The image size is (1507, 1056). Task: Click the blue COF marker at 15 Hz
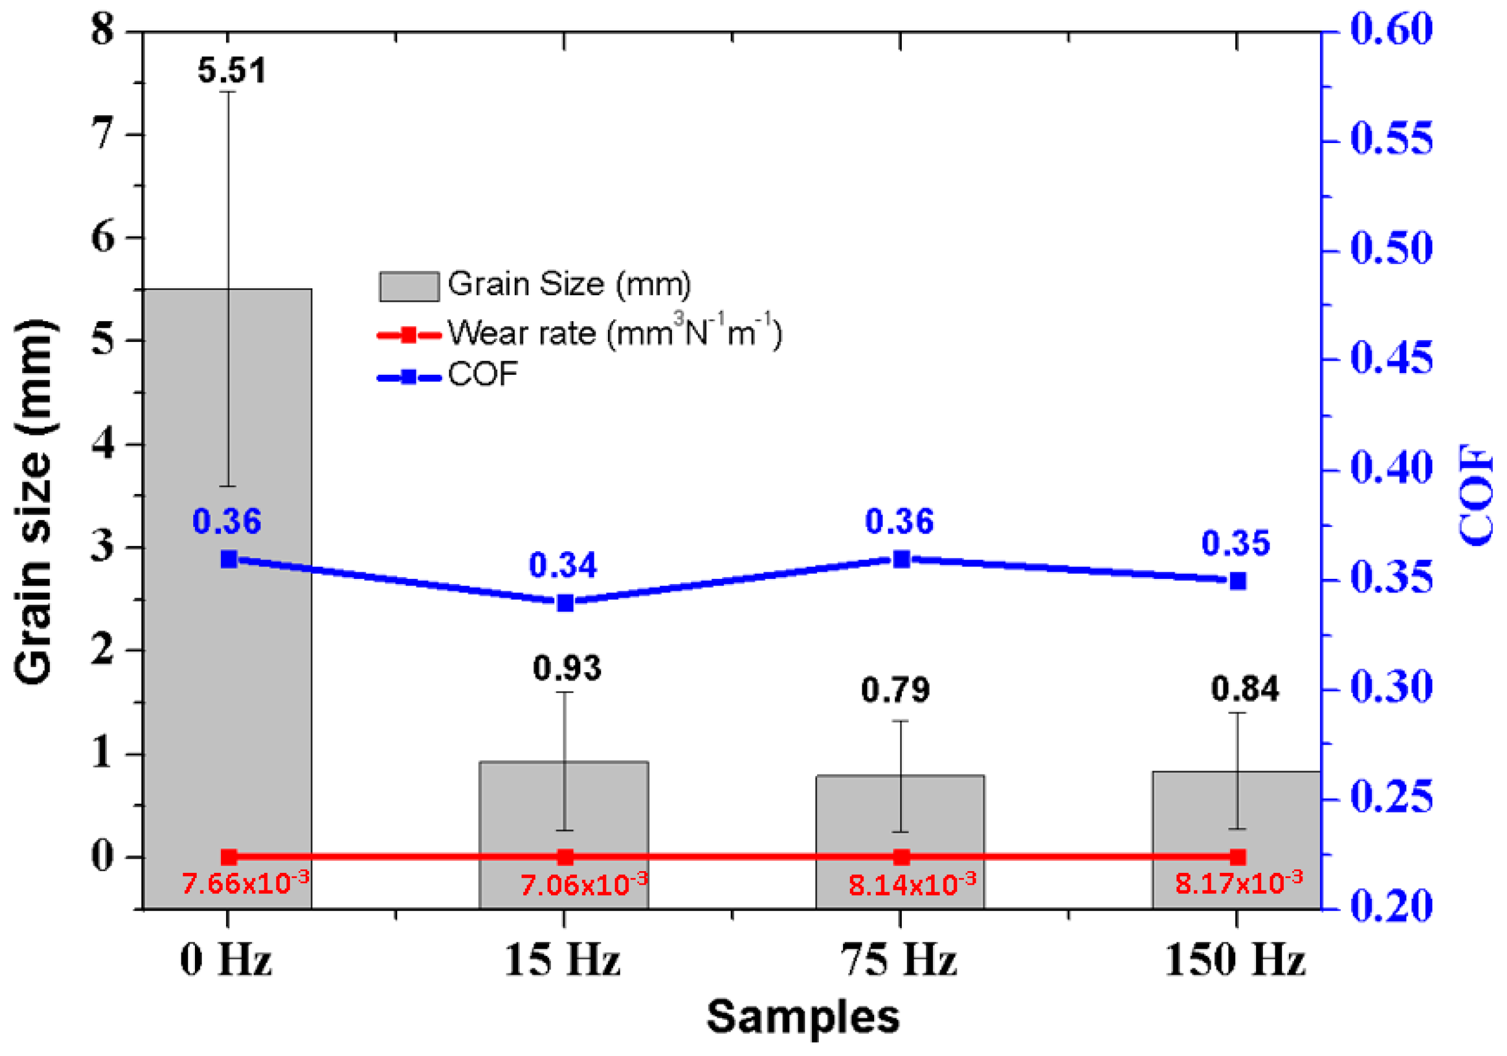pos(565,603)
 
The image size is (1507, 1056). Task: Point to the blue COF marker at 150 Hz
pos(1238,581)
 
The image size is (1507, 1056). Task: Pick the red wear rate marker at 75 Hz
pos(901,857)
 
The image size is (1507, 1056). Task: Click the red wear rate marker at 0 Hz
pos(228,857)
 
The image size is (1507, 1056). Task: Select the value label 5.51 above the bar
pos(232,70)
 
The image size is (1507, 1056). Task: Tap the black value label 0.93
pos(566,668)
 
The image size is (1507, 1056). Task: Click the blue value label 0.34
pos(563,565)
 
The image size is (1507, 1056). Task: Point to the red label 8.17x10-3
pos(1238,883)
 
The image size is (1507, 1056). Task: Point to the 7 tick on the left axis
pos(104,135)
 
